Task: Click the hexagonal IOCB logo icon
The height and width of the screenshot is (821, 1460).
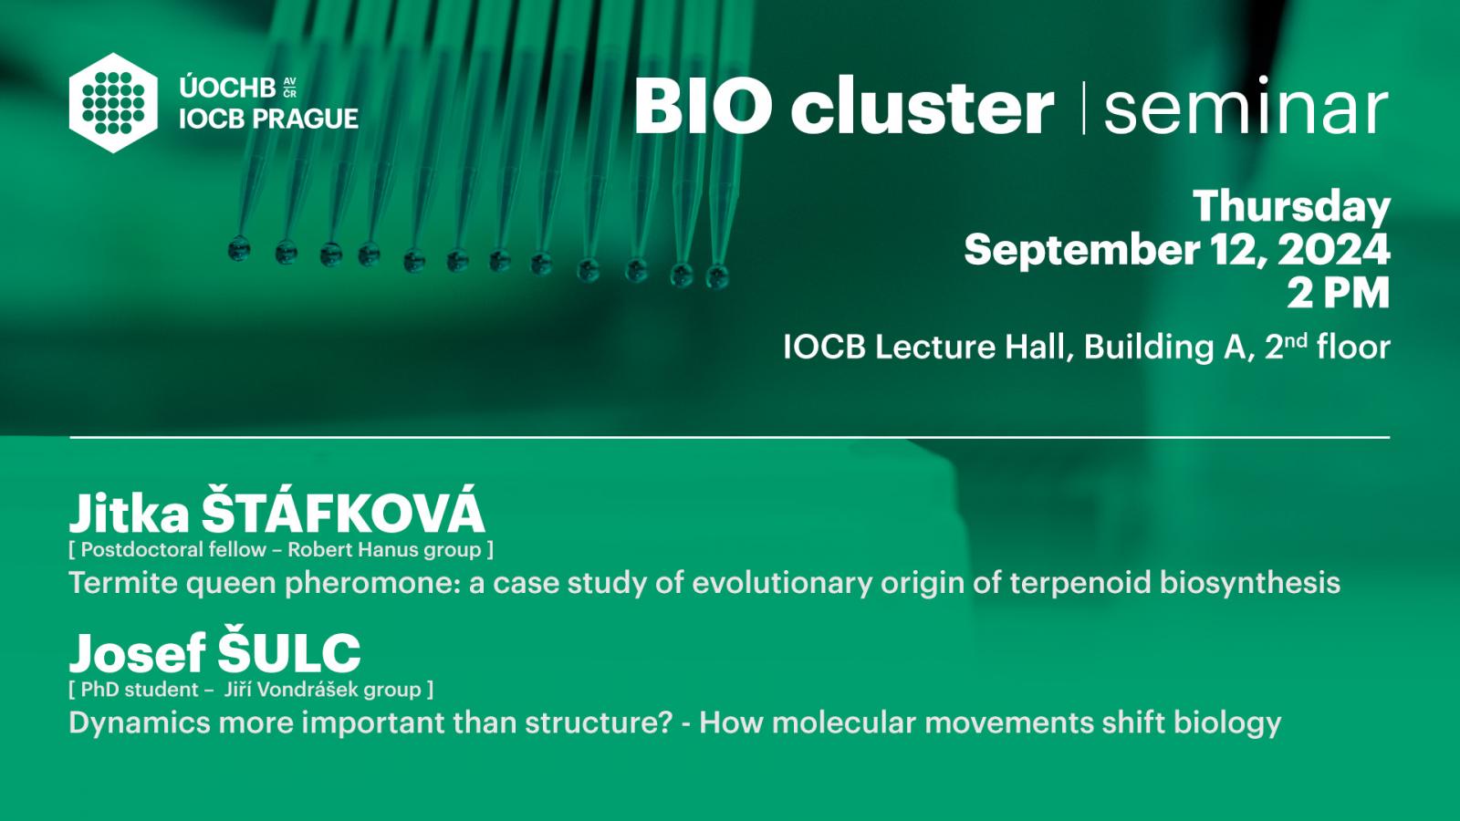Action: coord(113,103)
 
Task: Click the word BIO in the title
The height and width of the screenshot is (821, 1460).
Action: coord(704,106)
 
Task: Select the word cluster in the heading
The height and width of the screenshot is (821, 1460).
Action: coord(922,106)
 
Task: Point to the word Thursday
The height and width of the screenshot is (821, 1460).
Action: coord(1292,207)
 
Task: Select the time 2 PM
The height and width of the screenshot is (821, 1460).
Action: coord(1338,293)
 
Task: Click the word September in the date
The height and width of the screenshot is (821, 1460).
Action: coord(1081,251)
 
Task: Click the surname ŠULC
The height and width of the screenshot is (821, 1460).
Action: coord(288,651)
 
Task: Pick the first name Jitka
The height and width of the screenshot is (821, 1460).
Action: coord(129,514)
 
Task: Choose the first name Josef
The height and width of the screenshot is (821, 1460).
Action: coord(138,653)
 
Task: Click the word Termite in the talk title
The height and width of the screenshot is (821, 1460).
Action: coord(122,583)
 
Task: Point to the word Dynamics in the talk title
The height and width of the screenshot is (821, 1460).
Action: coord(140,723)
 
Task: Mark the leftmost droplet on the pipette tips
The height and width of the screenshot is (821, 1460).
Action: coord(239,249)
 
